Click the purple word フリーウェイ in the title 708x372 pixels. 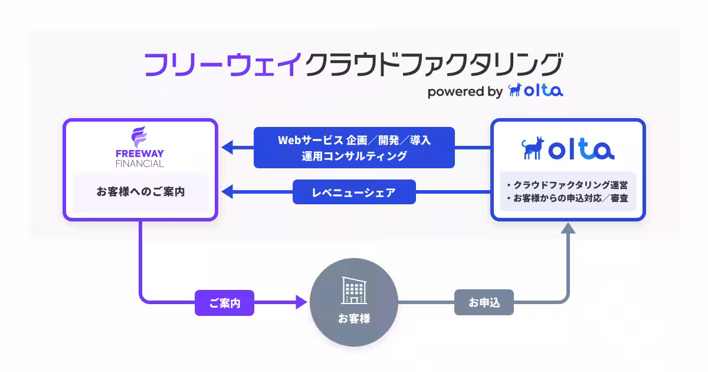coord(223,64)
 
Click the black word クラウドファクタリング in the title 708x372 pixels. coord(434,64)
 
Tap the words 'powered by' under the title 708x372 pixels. coord(464,92)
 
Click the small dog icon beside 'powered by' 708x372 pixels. coord(515,90)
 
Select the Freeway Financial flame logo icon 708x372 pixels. coord(140,138)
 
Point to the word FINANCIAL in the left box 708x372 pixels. coord(140,164)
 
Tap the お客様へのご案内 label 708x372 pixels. coord(140,192)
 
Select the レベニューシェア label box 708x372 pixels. coord(354,192)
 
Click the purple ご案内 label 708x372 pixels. coord(224,303)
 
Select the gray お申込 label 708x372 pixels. coord(484,303)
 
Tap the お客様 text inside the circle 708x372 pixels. coord(354,319)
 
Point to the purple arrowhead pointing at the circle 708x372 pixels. coord(301,303)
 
